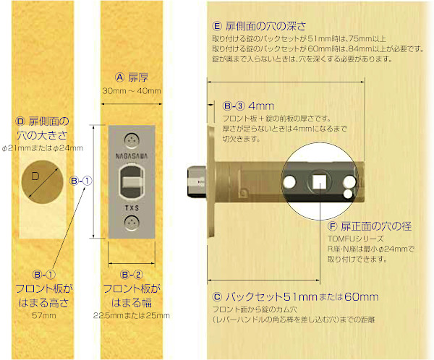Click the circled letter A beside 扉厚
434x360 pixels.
coord(121,77)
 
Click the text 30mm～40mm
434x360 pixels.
coord(131,90)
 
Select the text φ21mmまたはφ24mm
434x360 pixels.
coord(43,148)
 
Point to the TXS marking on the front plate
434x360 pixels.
coord(131,206)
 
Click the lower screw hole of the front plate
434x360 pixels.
coord(131,222)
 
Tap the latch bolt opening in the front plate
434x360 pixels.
coord(131,180)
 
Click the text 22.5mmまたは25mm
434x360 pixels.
coord(132,316)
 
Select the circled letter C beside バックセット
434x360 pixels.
coord(217,296)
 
